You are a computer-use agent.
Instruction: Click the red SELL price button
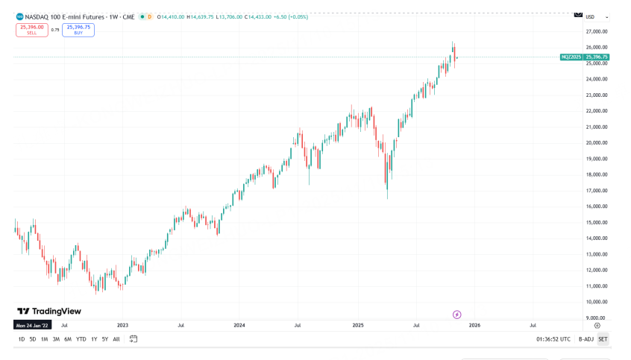(x=31, y=30)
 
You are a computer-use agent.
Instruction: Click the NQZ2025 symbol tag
(x=571, y=57)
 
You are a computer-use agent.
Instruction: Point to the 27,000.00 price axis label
(x=597, y=31)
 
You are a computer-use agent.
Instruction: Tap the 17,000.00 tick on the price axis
(x=597, y=191)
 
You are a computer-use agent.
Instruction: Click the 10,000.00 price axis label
(x=597, y=302)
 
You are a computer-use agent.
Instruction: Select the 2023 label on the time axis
(x=122, y=325)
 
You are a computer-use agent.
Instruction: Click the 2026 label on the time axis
(x=474, y=325)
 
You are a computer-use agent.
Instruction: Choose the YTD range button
(x=81, y=339)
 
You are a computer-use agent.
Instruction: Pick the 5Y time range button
(x=104, y=339)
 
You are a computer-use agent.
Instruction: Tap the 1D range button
(x=22, y=339)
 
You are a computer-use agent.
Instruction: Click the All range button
(x=116, y=339)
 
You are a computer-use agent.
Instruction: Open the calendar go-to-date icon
(x=134, y=339)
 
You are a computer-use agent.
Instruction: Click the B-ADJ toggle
(x=586, y=339)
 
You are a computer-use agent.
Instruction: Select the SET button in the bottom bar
(x=603, y=339)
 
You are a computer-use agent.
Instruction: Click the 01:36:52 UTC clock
(x=553, y=339)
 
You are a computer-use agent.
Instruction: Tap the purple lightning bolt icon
(x=457, y=315)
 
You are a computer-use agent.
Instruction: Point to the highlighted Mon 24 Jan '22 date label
(x=31, y=325)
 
